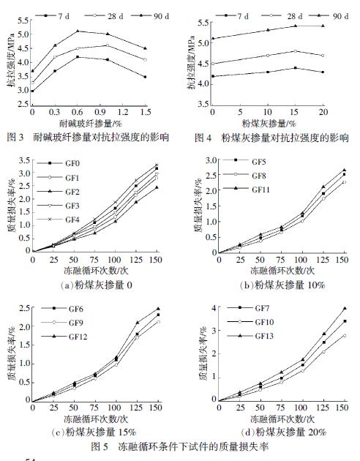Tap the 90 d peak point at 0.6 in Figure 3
(x=78, y=31)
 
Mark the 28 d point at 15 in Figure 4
(x=295, y=51)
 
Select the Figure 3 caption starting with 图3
(x=86, y=138)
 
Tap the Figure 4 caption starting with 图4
(x=268, y=138)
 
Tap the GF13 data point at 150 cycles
(x=323, y=308)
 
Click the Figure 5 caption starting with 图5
(x=179, y=444)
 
